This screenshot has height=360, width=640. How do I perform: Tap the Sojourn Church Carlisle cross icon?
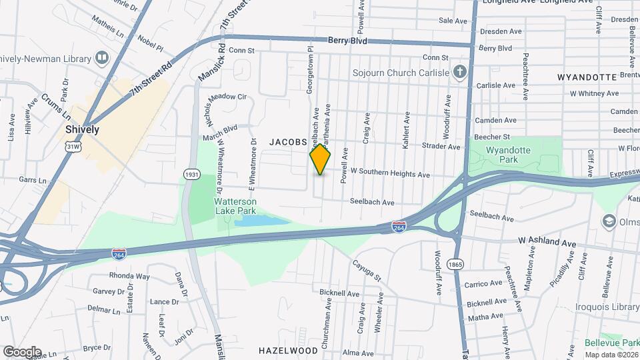coord(459,71)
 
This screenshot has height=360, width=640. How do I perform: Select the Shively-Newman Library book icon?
coord(102,57)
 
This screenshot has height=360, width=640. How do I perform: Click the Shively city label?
coord(82,129)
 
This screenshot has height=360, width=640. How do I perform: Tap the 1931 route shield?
coord(192,174)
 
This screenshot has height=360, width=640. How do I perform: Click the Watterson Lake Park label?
coord(236,205)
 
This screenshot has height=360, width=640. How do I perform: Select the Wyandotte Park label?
coord(508,155)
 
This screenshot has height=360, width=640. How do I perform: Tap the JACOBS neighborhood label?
coord(287,142)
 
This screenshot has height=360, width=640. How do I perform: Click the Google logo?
coord(21,351)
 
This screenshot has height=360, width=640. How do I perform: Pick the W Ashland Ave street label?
coord(547,243)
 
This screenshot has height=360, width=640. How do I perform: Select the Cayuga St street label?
coord(367,271)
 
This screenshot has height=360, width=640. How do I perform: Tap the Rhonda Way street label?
coord(130,276)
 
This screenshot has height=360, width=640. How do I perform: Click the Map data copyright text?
coord(611,355)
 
